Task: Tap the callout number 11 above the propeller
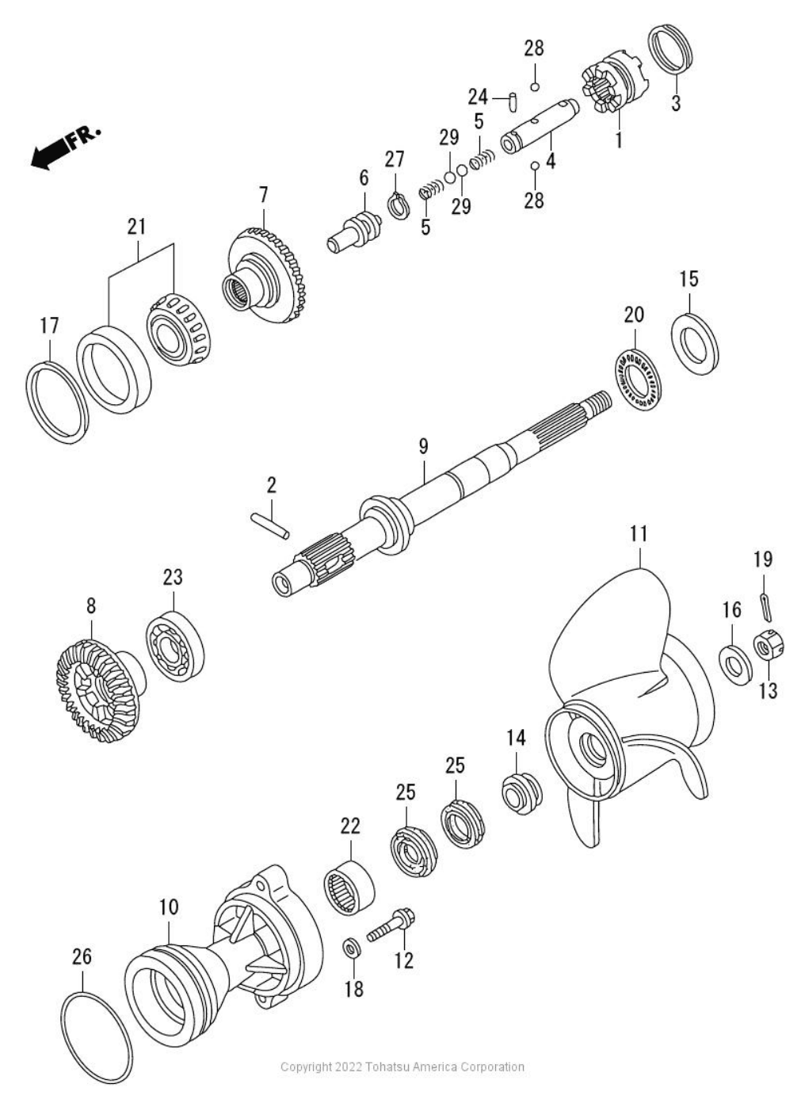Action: (639, 535)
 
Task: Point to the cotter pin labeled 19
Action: (764, 607)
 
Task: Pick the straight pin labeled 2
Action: (270, 526)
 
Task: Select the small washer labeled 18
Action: (351, 947)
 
